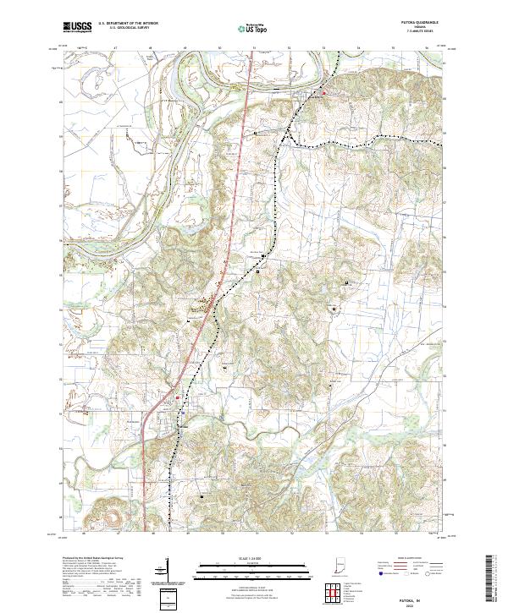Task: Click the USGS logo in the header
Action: click(77, 27)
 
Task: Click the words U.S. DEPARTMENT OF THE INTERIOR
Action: click(128, 24)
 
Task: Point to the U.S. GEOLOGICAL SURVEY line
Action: click(124, 28)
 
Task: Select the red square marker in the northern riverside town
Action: click(322, 91)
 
